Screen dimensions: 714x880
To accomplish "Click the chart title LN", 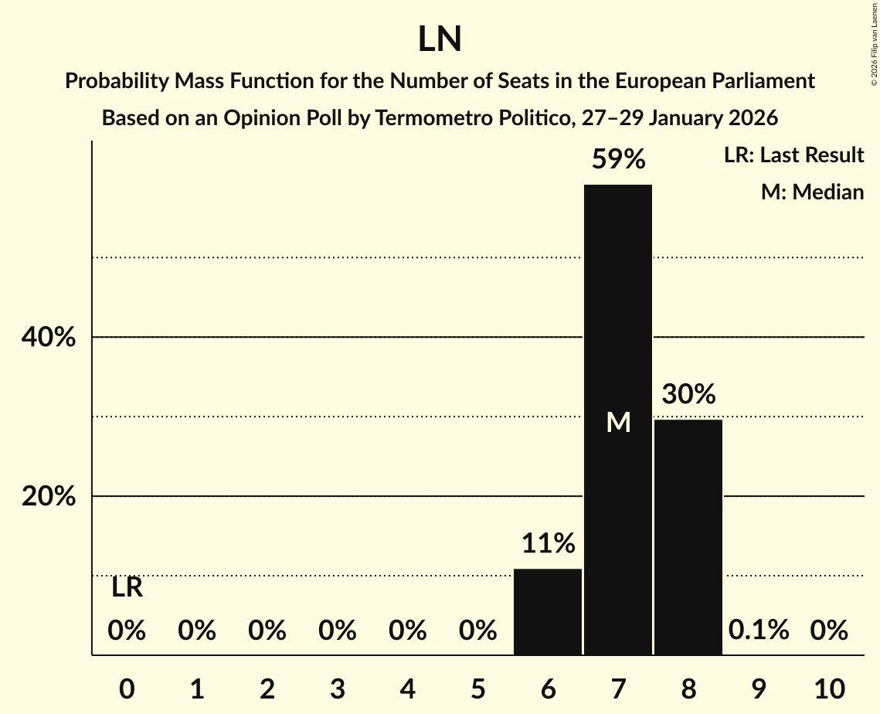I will (x=440, y=39).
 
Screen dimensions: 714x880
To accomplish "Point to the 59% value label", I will (x=618, y=160).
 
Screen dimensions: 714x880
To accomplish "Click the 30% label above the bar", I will (x=688, y=395).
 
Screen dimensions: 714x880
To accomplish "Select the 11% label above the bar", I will (x=548, y=544).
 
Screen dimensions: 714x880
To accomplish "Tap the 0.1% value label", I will (x=759, y=631).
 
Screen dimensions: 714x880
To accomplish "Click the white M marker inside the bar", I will (x=618, y=422).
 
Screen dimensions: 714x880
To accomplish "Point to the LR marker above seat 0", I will (x=127, y=588).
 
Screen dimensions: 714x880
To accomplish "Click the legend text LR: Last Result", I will (x=793, y=155).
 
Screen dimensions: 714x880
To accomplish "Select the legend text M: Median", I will (x=812, y=192).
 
